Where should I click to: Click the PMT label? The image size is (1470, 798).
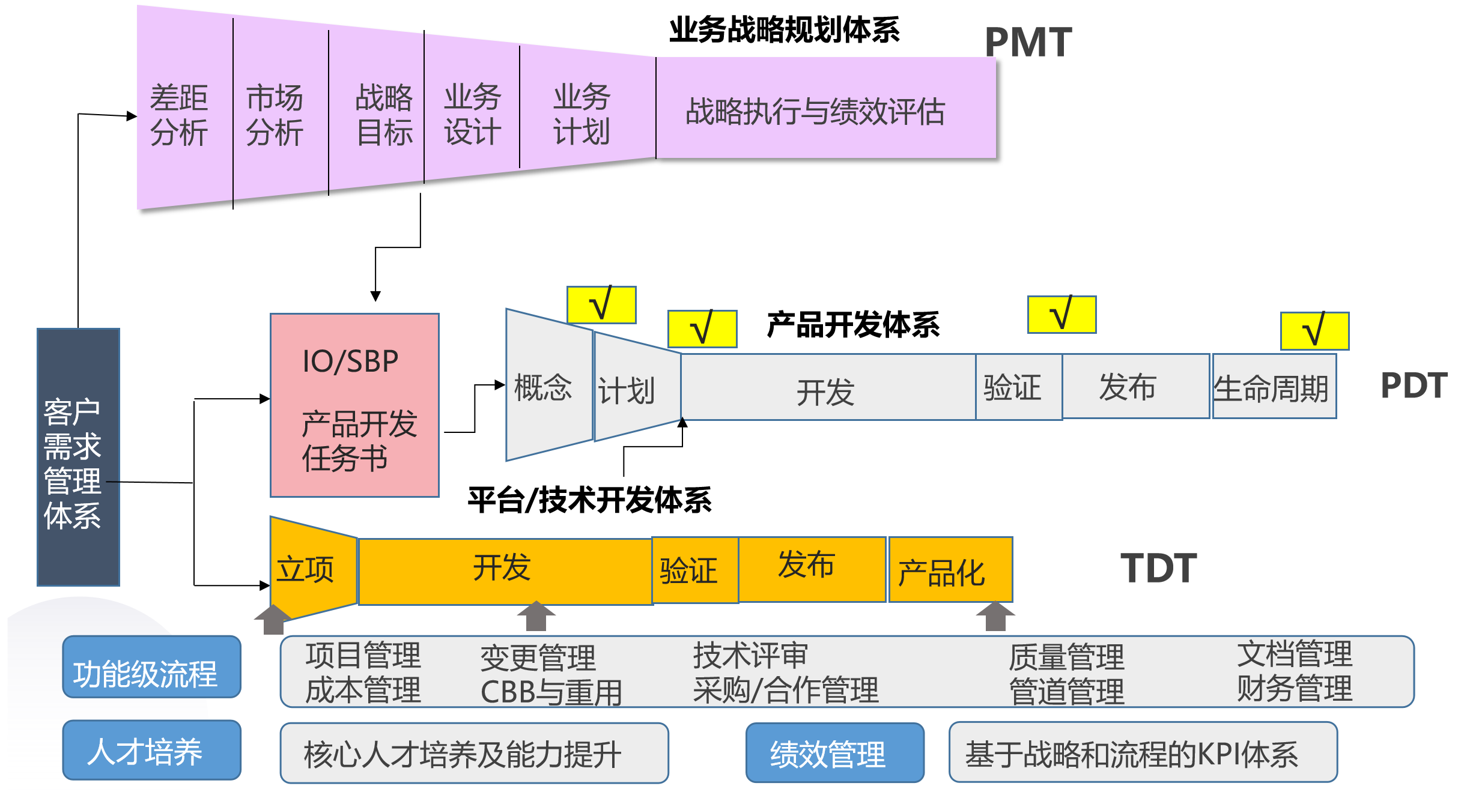(x=1028, y=43)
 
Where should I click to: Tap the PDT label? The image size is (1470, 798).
(x=1414, y=385)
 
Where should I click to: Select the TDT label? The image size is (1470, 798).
(x=1158, y=568)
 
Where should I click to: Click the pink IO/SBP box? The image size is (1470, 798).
(x=354, y=405)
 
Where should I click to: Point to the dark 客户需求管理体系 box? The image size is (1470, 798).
(x=78, y=457)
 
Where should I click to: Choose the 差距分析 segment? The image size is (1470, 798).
(x=180, y=115)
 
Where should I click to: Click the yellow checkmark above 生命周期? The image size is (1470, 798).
(x=1314, y=331)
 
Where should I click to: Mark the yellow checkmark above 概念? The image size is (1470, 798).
(x=601, y=304)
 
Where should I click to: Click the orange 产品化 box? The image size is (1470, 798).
(x=950, y=570)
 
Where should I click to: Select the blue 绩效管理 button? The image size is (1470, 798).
(x=834, y=753)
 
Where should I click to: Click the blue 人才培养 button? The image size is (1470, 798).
(x=151, y=751)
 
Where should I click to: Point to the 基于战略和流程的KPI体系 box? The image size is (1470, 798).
(x=1142, y=753)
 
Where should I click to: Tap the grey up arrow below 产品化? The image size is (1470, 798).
(x=995, y=617)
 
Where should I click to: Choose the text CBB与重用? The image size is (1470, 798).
(x=551, y=692)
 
